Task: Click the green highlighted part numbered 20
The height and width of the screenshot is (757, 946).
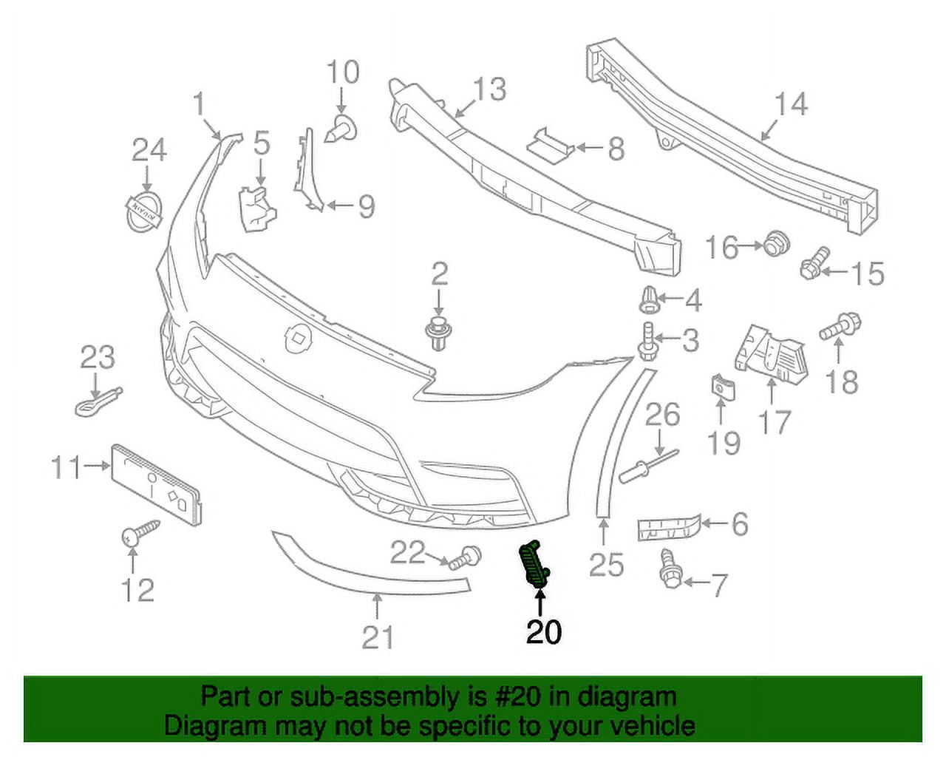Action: (x=535, y=566)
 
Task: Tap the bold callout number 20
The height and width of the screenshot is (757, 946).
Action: (x=543, y=631)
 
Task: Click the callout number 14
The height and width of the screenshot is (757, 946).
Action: (x=790, y=104)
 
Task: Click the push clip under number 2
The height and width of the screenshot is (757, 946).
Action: (x=439, y=333)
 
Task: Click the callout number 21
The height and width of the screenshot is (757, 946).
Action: (x=378, y=636)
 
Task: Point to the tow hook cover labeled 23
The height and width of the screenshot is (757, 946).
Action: (x=96, y=400)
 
